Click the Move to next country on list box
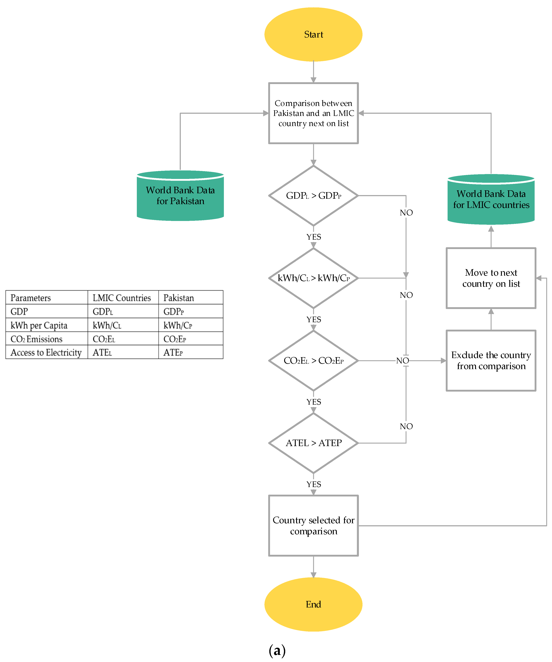click(x=491, y=278)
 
